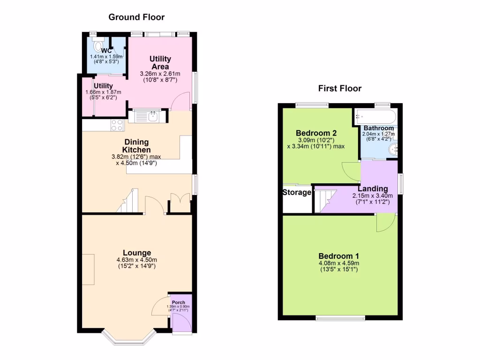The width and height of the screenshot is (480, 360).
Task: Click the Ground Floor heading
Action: pyautogui.click(x=136, y=17)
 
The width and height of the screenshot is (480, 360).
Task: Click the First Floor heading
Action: pyautogui.click(x=340, y=88)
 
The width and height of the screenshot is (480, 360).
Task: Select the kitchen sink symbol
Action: pyautogui.click(x=152, y=115)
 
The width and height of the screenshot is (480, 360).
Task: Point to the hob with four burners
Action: pyautogui.click(x=117, y=125)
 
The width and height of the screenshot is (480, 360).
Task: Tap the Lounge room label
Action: pyautogui.click(x=137, y=253)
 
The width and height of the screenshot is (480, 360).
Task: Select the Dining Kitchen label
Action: pyautogui.click(x=137, y=146)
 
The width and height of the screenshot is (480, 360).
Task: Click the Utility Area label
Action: pyautogui.click(x=160, y=63)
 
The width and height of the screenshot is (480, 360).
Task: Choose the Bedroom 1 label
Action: pyautogui.click(x=339, y=256)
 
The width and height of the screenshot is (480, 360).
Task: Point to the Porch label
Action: pyautogui.click(x=179, y=302)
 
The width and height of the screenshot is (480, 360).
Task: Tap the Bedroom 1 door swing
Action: pyautogui.click(x=385, y=223)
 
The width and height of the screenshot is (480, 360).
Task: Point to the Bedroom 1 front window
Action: pyautogui.click(x=340, y=318)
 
